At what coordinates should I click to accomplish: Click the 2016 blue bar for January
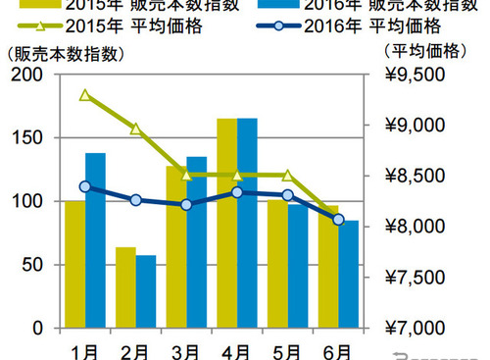click(96, 245)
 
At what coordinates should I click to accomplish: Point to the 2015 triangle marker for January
click(85, 95)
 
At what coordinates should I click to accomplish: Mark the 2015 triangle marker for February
click(135, 129)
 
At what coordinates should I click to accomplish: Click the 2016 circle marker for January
click(85, 186)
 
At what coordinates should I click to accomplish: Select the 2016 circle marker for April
click(237, 192)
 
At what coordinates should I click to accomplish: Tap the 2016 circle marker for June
click(338, 220)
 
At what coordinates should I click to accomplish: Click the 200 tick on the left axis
click(29, 76)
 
